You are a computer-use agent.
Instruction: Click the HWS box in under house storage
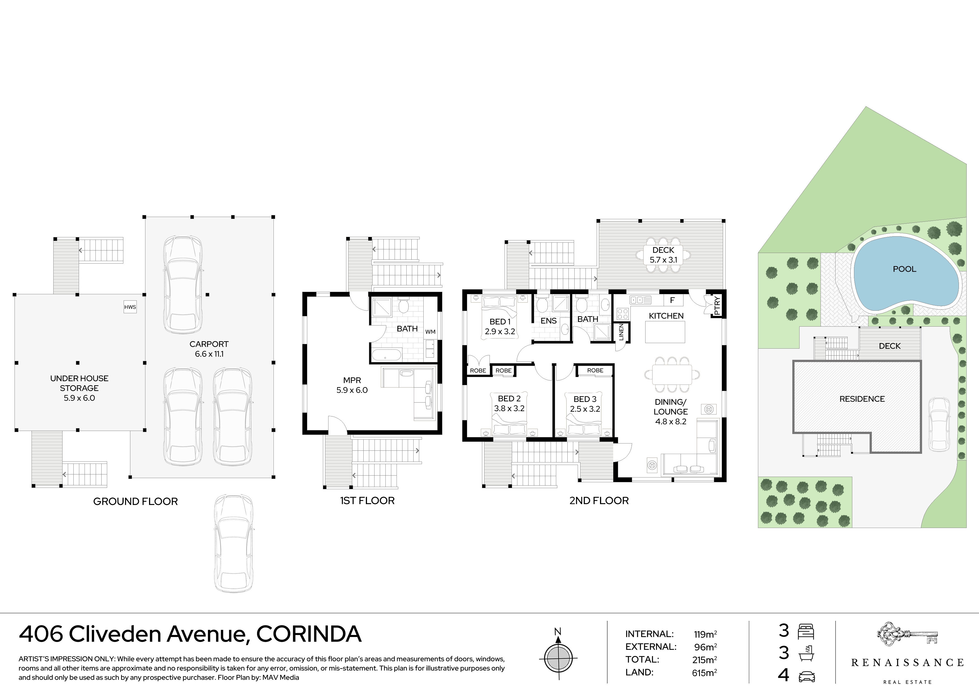pos(130,307)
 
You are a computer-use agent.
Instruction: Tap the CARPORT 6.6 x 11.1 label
pos(209,349)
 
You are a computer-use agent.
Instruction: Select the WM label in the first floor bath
pos(430,332)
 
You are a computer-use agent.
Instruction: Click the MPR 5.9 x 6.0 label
pos(352,385)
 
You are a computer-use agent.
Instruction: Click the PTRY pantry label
pos(717,305)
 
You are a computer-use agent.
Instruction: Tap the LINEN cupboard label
pos(621,332)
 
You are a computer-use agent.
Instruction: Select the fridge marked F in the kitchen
pos(672,300)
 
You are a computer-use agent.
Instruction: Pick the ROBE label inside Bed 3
pos(595,370)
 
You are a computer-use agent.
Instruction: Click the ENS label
pos(548,321)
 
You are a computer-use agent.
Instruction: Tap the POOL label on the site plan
pos(904,269)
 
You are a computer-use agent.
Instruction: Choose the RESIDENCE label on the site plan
pos(862,399)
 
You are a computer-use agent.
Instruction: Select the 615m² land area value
pos(704,672)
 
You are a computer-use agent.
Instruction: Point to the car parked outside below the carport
pos(233,543)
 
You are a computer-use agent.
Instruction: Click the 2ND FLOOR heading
pos(599,501)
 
